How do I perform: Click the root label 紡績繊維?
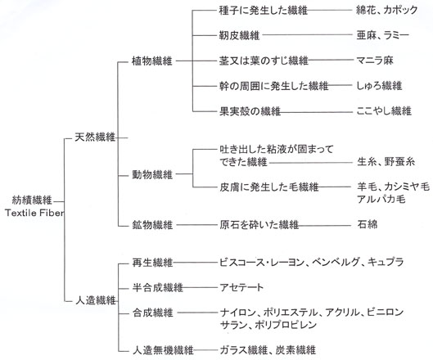coord(32,200)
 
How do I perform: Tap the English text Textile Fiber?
coord(34,213)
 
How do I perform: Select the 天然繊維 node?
coord(95,137)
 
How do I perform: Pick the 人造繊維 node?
coord(95,300)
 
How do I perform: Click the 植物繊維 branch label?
coord(152,61)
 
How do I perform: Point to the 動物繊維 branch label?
coord(152,174)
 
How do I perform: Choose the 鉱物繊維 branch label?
coord(152,225)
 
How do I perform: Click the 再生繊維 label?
coord(152,263)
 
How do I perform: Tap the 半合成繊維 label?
coord(157,288)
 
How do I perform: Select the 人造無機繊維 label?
coord(163,350)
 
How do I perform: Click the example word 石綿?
coord(368,224)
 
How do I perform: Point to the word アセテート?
coord(241,288)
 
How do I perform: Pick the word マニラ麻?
coord(375,61)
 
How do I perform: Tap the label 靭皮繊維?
coord(239,36)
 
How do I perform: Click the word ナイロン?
coord(237,313)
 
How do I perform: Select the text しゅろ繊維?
coord(379,86)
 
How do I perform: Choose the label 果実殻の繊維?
coord(250,111)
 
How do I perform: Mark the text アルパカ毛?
coord(381,199)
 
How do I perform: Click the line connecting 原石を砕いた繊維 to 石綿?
coord(325,225)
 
